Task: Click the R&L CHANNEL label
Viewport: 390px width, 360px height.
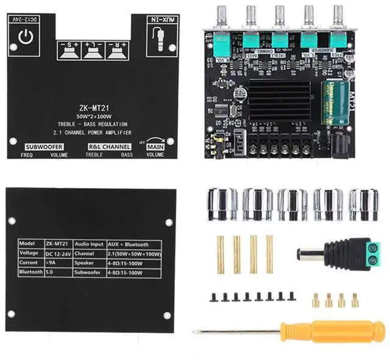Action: (109, 147)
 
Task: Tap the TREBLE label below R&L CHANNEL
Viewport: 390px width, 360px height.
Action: (95, 155)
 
